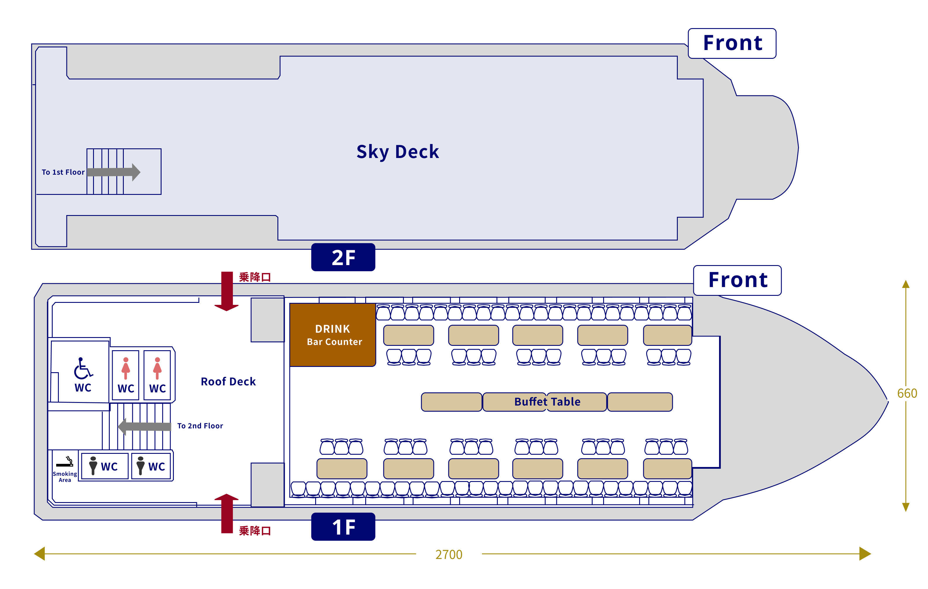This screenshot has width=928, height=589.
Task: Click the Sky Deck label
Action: coord(397,152)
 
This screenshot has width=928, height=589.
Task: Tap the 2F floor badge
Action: coord(343,257)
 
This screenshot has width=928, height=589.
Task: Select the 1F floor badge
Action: coord(343,527)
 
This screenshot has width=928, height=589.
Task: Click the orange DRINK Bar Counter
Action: coord(332,335)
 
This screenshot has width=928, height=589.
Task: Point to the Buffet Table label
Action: coord(547,402)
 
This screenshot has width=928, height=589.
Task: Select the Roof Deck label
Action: coord(228,381)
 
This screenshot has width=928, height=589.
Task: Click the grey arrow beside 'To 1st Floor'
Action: coord(114,172)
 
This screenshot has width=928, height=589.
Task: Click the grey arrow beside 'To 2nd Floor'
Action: coord(144,426)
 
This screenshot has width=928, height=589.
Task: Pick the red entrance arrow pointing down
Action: coord(227,291)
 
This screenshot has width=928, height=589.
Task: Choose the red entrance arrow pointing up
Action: coord(227,514)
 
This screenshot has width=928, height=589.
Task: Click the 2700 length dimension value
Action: coord(449,555)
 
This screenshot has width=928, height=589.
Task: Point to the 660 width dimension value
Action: coord(907,393)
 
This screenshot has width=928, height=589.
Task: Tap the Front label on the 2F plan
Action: coord(733,43)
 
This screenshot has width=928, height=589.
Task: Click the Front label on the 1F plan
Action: coord(738,280)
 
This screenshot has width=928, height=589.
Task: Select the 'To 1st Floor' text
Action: coord(63,172)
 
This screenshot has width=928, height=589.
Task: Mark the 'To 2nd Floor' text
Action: coord(200,426)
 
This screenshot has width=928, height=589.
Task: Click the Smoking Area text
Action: coord(65,477)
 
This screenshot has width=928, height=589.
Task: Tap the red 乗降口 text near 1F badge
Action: coord(255,531)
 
